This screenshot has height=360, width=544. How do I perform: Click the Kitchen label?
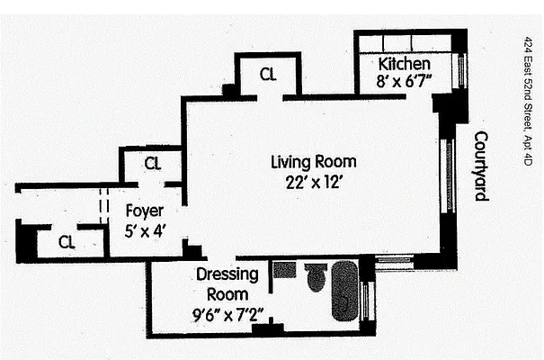pos(404,65)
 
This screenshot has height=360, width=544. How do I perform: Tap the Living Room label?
pos(313,163)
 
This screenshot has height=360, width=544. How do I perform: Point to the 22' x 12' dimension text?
pos(313,180)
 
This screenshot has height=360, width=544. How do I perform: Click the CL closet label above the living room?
pos(267,75)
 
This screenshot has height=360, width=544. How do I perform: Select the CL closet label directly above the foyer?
pos(152,164)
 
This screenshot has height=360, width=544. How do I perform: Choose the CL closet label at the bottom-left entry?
pos(67,241)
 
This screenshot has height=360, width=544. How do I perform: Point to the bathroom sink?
pos(284,269)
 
